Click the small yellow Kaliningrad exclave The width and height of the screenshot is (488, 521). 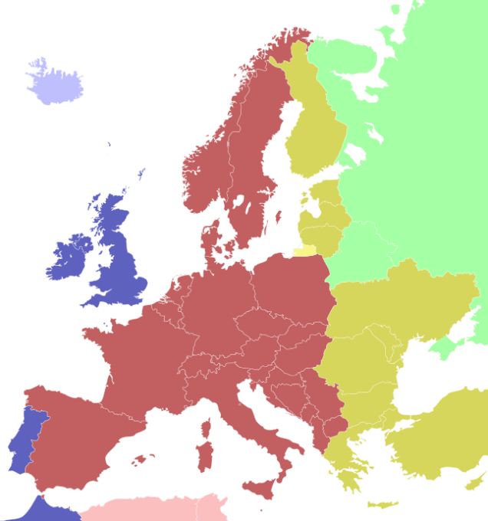pyautogui.click(x=304, y=250)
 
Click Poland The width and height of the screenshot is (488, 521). pyautogui.click(x=292, y=287)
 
